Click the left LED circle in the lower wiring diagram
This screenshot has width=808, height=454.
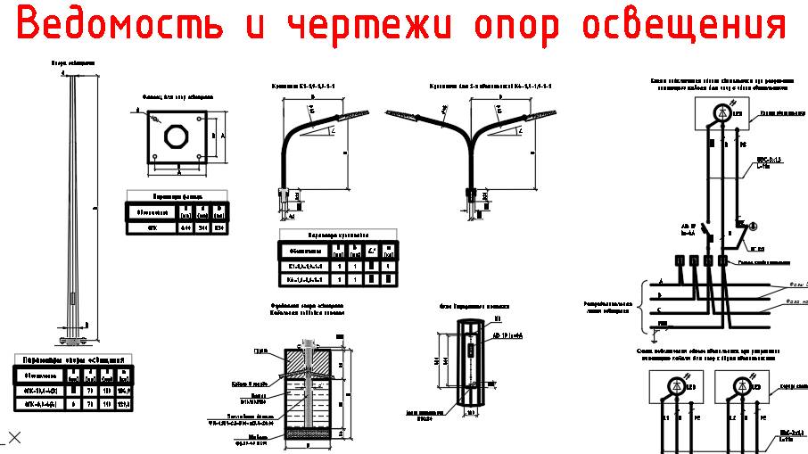click(x=672, y=386)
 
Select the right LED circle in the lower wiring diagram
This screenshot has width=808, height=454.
click(x=743, y=386)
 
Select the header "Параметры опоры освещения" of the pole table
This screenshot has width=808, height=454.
click(x=74, y=359)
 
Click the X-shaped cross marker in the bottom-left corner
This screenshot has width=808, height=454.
click(x=13, y=437)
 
